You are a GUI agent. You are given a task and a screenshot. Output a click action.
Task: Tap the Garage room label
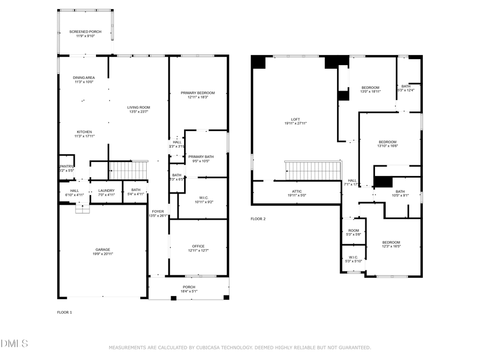tap(103, 250)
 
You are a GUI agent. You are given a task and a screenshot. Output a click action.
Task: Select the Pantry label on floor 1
tap(66, 166)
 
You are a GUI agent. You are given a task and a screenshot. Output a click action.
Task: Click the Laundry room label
tap(106, 190)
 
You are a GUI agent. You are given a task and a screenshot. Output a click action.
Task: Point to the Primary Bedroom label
tap(198, 93)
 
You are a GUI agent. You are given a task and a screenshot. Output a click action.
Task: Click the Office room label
tap(198, 246)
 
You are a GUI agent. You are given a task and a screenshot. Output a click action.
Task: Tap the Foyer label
tap(158, 212)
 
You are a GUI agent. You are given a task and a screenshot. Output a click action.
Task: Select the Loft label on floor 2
tap(295, 119)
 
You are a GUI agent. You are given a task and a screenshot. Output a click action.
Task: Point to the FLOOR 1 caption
tap(65, 312)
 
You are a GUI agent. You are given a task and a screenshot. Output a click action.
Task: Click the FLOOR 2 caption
tap(258, 219)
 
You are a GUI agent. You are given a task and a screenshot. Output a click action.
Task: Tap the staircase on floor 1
tap(128, 171)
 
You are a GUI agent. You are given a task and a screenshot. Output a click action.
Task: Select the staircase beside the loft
tap(313, 171)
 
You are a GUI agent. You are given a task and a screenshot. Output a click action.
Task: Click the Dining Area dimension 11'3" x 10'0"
tap(84, 82)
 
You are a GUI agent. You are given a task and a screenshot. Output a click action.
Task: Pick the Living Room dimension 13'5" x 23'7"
tap(138, 112)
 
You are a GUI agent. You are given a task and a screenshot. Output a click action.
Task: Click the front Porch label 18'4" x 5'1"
tap(189, 292)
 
